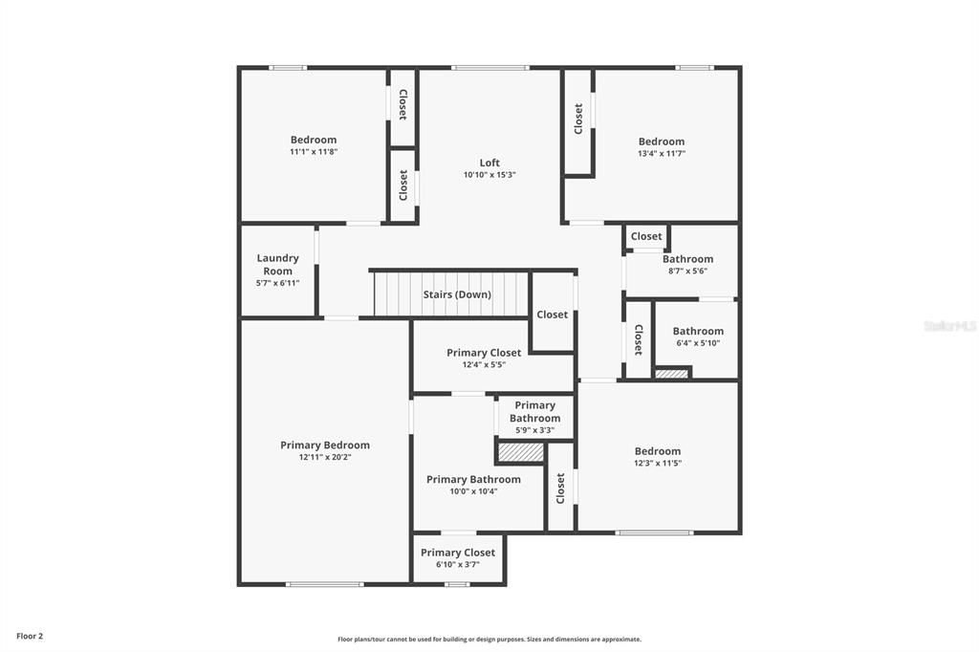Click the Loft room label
tap(489, 163)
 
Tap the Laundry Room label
tap(277, 265)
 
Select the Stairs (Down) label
tap(457, 294)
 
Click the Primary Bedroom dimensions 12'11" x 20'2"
tap(324, 457)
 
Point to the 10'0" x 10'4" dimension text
tap(473, 491)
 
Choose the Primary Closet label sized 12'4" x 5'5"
tap(484, 353)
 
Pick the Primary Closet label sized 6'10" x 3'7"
tap(458, 553)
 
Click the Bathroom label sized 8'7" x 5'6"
tap(687, 259)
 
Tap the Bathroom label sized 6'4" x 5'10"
tap(698, 332)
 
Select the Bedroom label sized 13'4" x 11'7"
tap(662, 141)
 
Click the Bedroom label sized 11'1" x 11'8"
tap(314, 140)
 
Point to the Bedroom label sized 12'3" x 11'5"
tap(658, 451)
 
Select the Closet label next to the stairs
tap(552, 315)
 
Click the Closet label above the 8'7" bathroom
tap(646, 236)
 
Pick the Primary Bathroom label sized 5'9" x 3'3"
tap(534, 411)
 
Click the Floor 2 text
tap(30, 636)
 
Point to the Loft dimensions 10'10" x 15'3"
tap(489, 175)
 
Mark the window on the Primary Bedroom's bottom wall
tap(325, 584)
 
